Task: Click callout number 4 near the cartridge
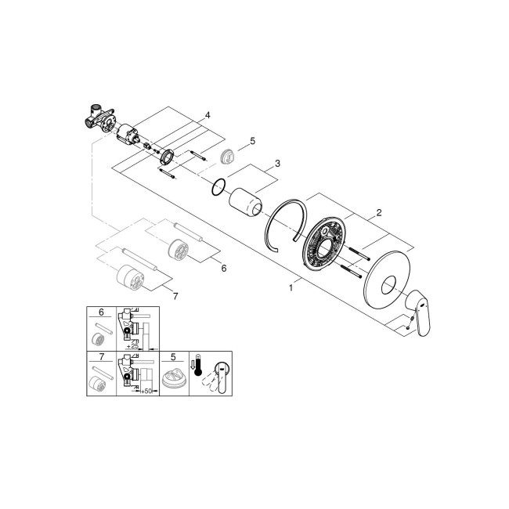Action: (207, 116)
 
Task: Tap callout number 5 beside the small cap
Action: (252, 141)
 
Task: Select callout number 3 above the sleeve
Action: (277, 165)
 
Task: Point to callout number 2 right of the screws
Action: (378, 212)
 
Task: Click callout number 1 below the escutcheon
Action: (293, 287)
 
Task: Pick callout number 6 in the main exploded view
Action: (223, 268)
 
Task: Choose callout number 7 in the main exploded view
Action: (175, 295)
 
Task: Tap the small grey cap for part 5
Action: (229, 154)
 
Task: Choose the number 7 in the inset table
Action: (101, 357)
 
